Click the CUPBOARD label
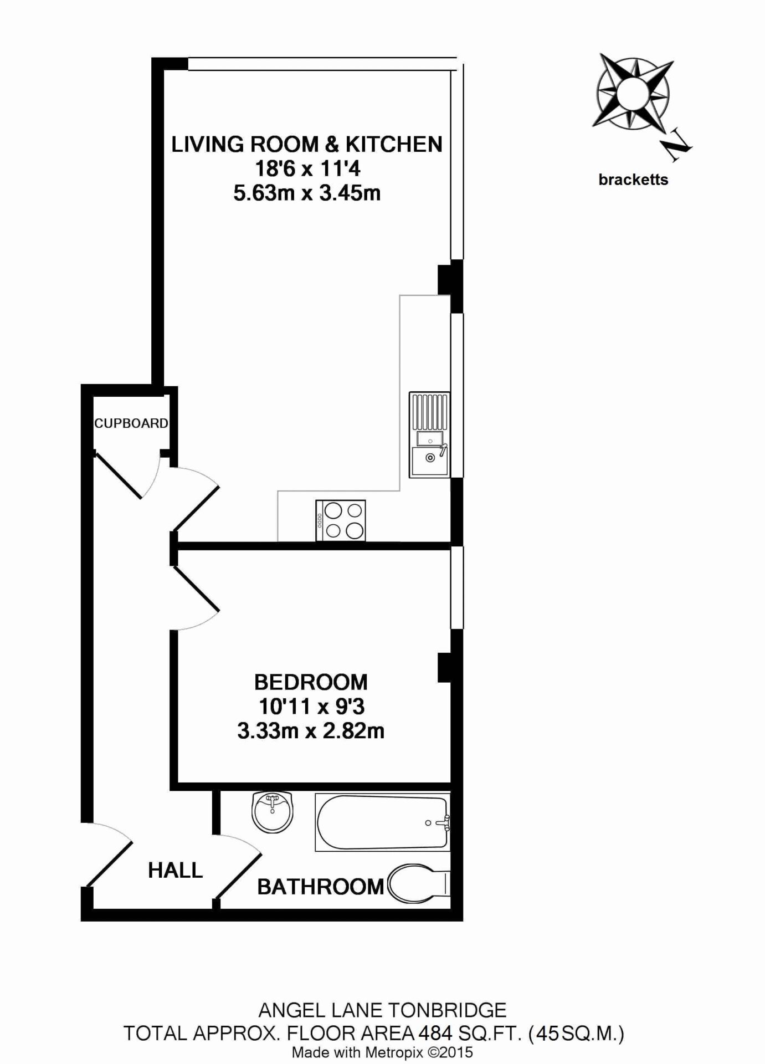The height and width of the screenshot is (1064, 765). point(131,423)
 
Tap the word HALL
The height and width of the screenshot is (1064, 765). point(175,871)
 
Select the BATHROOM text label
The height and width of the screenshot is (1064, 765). point(320,887)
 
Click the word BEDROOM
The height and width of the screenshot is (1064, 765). point(311,682)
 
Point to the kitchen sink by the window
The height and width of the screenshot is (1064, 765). point(429,434)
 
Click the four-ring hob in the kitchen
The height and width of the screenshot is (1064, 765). point(341,520)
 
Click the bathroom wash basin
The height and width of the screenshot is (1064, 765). point(273,812)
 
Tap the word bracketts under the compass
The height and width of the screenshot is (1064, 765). point(633,180)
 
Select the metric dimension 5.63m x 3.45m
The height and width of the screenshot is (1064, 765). point(307,193)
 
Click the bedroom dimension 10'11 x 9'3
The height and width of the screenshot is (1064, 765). point(311,707)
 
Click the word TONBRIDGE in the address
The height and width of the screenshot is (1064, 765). point(445,1010)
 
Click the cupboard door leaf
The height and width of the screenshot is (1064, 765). point(119,475)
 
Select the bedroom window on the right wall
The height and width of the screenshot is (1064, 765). point(456,588)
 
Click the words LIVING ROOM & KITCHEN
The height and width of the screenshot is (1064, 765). point(307,144)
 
